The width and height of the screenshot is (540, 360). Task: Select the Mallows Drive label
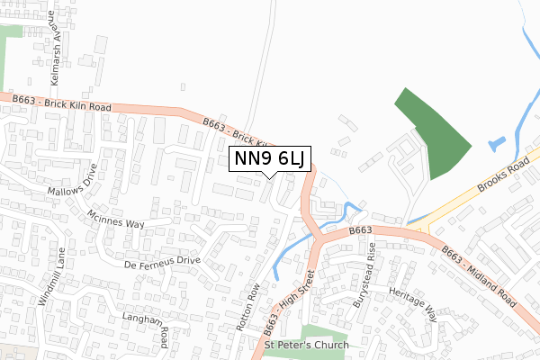[77, 186]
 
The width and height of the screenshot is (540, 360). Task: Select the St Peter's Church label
[305, 346]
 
